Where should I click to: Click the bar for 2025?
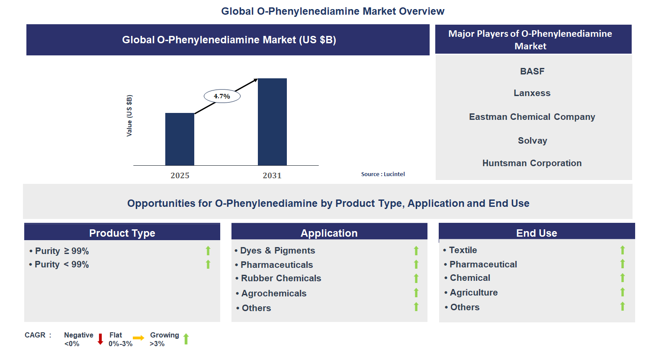click(180, 139)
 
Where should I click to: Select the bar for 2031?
click(272, 122)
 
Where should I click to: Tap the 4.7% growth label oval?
click(222, 96)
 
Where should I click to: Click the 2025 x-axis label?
click(180, 175)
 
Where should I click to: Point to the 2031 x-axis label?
click(272, 175)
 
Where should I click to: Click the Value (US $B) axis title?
click(129, 116)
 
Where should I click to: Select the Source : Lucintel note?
click(383, 174)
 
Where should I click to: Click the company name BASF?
click(532, 71)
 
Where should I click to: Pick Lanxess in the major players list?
click(532, 93)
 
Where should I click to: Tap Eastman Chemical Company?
click(532, 117)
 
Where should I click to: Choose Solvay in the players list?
click(532, 141)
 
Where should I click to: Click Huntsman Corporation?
click(532, 163)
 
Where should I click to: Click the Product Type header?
click(122, 233)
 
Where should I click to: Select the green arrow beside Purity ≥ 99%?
click(208, 251)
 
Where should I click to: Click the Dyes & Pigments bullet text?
click(277, 251)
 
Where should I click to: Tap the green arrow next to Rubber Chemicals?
click(416, 278)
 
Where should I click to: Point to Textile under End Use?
click(463, 250)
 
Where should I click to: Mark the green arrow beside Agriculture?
click(623, 292)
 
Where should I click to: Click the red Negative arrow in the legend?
click(100, 339)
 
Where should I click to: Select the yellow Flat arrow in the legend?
click(138, 338)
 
